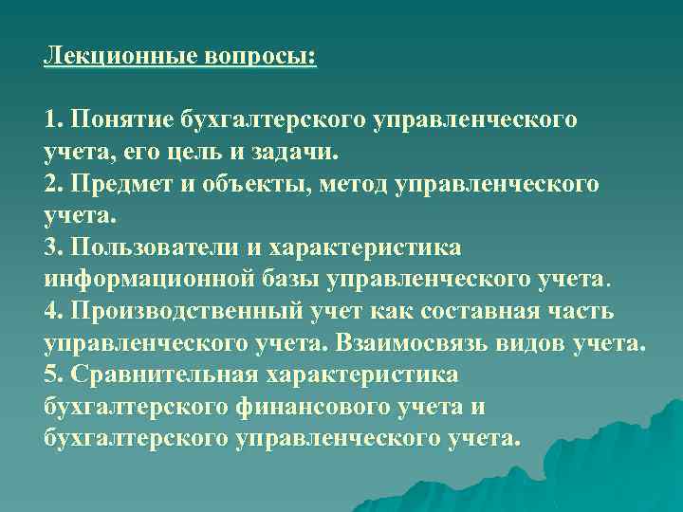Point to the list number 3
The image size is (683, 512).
51,247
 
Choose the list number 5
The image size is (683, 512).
51,375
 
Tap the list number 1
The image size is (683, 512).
51,119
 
